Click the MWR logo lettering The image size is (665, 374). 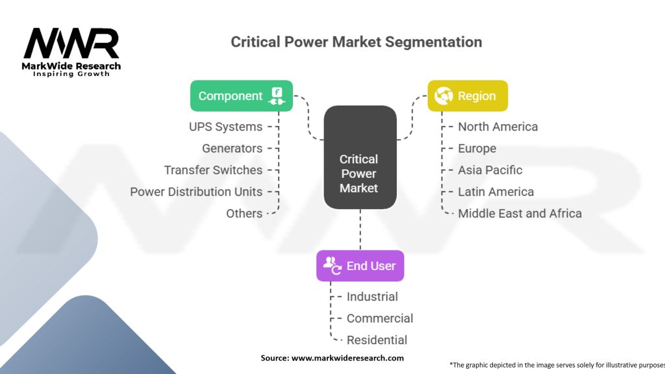pos(71,43)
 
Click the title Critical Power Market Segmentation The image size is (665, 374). pos(357,42)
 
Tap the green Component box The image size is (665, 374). pos(242,96)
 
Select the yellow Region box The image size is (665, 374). pos(468,96)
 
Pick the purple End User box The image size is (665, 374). pos(360,266)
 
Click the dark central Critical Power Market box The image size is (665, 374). pos(360,157)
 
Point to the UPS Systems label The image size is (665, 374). pos(225,127)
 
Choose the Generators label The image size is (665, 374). pos(232,149)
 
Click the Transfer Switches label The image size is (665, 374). pos(213,170)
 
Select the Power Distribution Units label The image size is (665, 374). pos(196,192)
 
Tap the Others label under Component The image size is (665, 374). pos(244,213)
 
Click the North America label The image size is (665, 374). pos(498,127)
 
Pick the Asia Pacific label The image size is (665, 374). pos(490,170)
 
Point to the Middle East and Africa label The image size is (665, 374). pos(520,213)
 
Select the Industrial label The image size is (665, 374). pos(372,297)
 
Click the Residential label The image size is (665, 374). pos(377,340)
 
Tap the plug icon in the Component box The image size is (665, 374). pos(277,96)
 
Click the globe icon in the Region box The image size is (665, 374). pos(444,96)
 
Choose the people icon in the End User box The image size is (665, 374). pos(332,266)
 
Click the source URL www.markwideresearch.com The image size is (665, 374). pos(348,358)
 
